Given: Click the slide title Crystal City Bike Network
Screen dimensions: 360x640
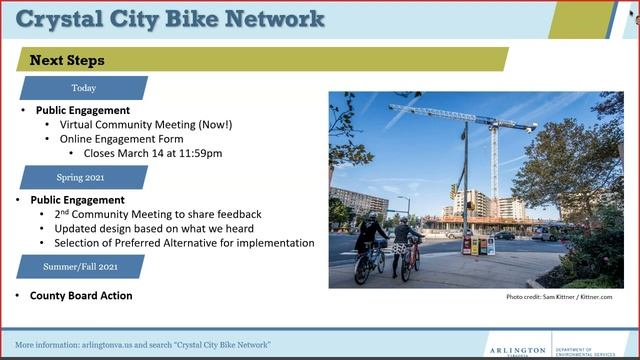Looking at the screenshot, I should [x=170, y=19].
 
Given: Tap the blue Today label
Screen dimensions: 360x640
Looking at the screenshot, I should [x=84, y=88].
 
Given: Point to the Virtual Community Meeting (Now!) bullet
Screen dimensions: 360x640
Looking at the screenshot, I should [x=146, y=125].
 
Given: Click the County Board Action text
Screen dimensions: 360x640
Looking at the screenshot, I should [x=81, y=296].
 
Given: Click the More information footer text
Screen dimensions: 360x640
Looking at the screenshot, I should [x=143, y=344].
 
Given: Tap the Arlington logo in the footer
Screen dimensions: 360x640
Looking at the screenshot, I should [x=517, y=349].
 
